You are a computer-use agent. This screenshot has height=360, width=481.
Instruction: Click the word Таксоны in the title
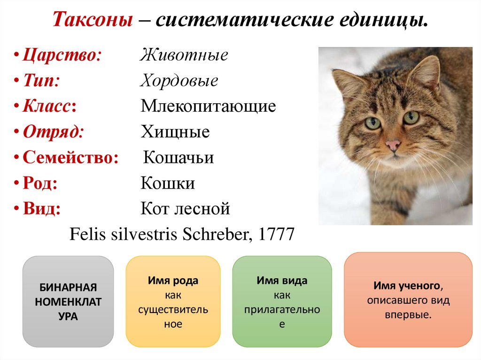click(x=92, y=20)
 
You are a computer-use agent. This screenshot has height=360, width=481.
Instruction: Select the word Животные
click(x=184, y=55)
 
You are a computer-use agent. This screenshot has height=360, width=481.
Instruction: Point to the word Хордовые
click(x=179, y=81)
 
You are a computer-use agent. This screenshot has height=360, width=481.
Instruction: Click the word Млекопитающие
click(x=208, y=107)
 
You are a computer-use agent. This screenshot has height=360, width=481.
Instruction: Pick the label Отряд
click(x=53, y=132)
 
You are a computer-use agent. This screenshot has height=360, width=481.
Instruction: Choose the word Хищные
click(x=175, y=132)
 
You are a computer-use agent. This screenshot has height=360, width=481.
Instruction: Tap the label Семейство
click(x=70, y=157)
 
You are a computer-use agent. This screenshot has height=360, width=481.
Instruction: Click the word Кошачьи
click(x=178, y=157)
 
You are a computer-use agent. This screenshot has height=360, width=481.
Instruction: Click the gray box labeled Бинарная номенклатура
click(x=68, y=301)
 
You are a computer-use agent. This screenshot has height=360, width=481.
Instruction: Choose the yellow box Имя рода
click(x=173, y=301)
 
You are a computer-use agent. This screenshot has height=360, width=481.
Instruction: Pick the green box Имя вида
click(x=282, y=301)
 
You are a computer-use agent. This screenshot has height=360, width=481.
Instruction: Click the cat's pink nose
click(x=393, y=145)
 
